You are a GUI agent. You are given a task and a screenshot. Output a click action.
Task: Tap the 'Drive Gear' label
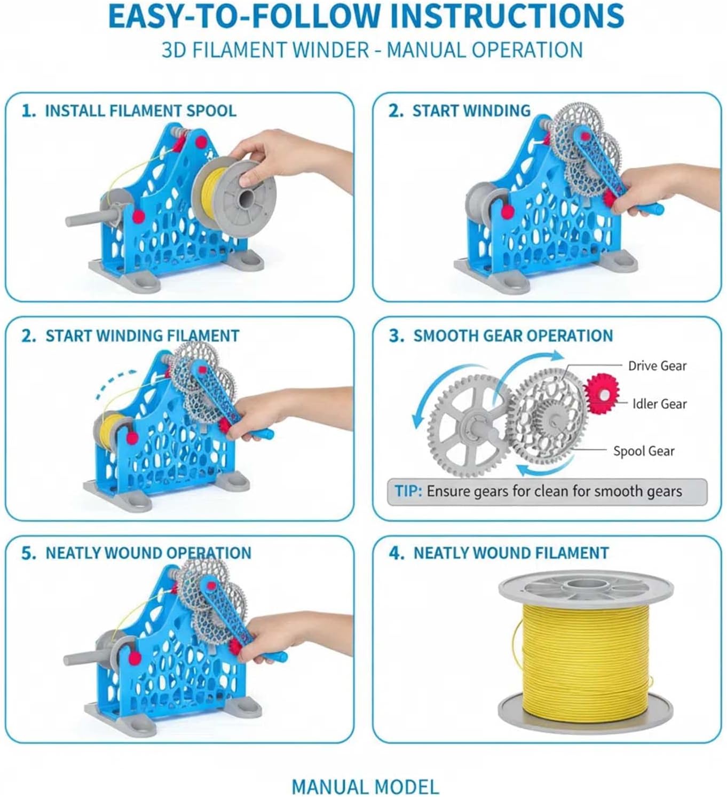(657, 366)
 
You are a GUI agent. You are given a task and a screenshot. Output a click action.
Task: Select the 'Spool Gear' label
(644, 451)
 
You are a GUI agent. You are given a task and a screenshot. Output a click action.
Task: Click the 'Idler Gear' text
(660, 404)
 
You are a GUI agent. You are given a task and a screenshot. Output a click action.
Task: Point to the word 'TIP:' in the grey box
(408, 491)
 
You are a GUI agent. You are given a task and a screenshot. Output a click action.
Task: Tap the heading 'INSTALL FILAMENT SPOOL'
(140, 111)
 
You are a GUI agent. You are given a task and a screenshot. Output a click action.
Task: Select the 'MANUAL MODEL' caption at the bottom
(365, 786)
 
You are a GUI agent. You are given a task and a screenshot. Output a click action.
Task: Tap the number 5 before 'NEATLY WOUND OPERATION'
(28, 553)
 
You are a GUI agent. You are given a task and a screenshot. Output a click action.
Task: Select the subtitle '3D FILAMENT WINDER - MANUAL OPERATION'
(372, 50)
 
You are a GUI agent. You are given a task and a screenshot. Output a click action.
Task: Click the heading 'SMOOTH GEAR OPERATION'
(513, 335)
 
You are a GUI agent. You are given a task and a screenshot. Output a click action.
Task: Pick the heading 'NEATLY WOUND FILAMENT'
(511, 553)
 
